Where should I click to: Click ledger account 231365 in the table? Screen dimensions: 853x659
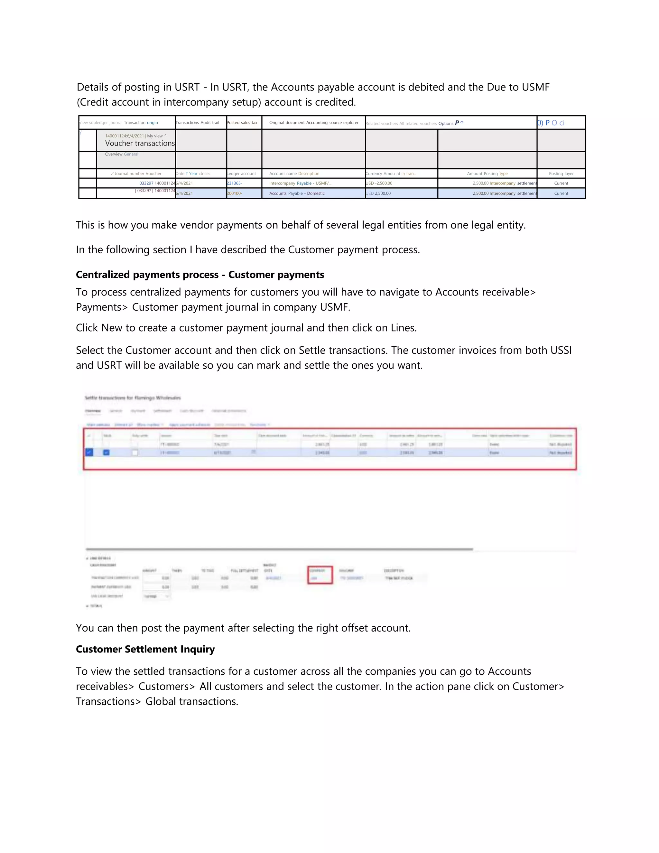point(235,183)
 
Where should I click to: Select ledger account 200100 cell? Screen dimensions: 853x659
point(235,193)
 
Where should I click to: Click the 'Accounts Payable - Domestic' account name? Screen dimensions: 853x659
point(297,193)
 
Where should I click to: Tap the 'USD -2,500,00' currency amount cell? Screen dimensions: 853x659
point(379,183)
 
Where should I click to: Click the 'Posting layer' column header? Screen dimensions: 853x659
point(561,173)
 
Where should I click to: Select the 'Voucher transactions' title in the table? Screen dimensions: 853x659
point(140,143)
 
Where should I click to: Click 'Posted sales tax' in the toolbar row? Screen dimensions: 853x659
point(242,123)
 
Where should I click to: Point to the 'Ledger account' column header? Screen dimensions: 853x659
point(242,173)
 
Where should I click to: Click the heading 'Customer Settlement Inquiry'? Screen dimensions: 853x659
point(145,649)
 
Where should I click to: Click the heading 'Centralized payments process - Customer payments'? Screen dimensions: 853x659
point(200,275)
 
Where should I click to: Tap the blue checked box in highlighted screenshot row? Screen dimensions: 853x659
point(89,452)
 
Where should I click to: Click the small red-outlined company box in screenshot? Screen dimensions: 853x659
point(320,575)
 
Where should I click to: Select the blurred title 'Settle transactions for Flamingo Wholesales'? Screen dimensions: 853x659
point(133,398)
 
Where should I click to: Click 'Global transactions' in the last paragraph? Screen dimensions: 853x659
point(191,701)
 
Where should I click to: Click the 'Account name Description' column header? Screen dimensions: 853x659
point(294,173)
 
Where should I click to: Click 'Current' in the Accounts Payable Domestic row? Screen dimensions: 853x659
point(561,193)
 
